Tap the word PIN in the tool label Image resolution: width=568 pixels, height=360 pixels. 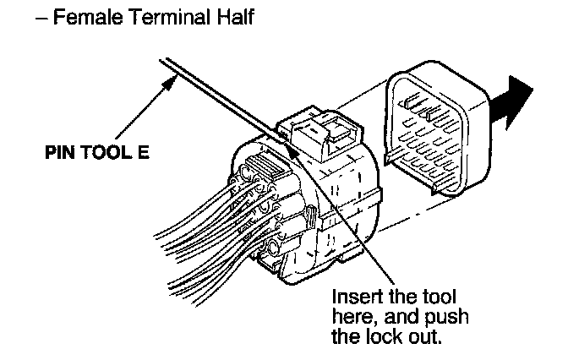tap(61, 155)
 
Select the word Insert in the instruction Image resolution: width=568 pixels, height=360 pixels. tap(355, 297)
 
